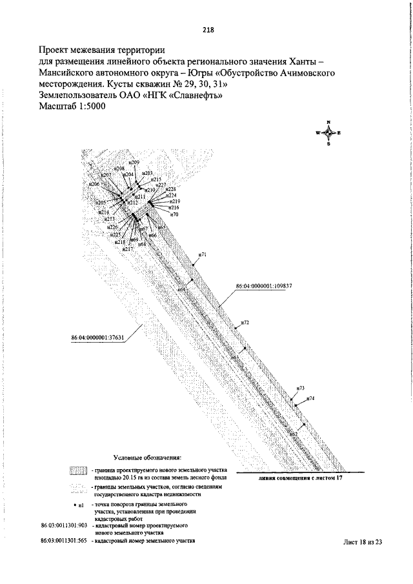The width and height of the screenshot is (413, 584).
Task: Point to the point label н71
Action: point(203,255)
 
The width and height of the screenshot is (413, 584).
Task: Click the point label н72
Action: point(245,321)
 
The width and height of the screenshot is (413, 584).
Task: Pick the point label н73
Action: point(300,388)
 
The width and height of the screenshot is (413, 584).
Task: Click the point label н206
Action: point(94,185)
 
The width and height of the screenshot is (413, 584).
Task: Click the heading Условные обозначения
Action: point(147,456)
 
